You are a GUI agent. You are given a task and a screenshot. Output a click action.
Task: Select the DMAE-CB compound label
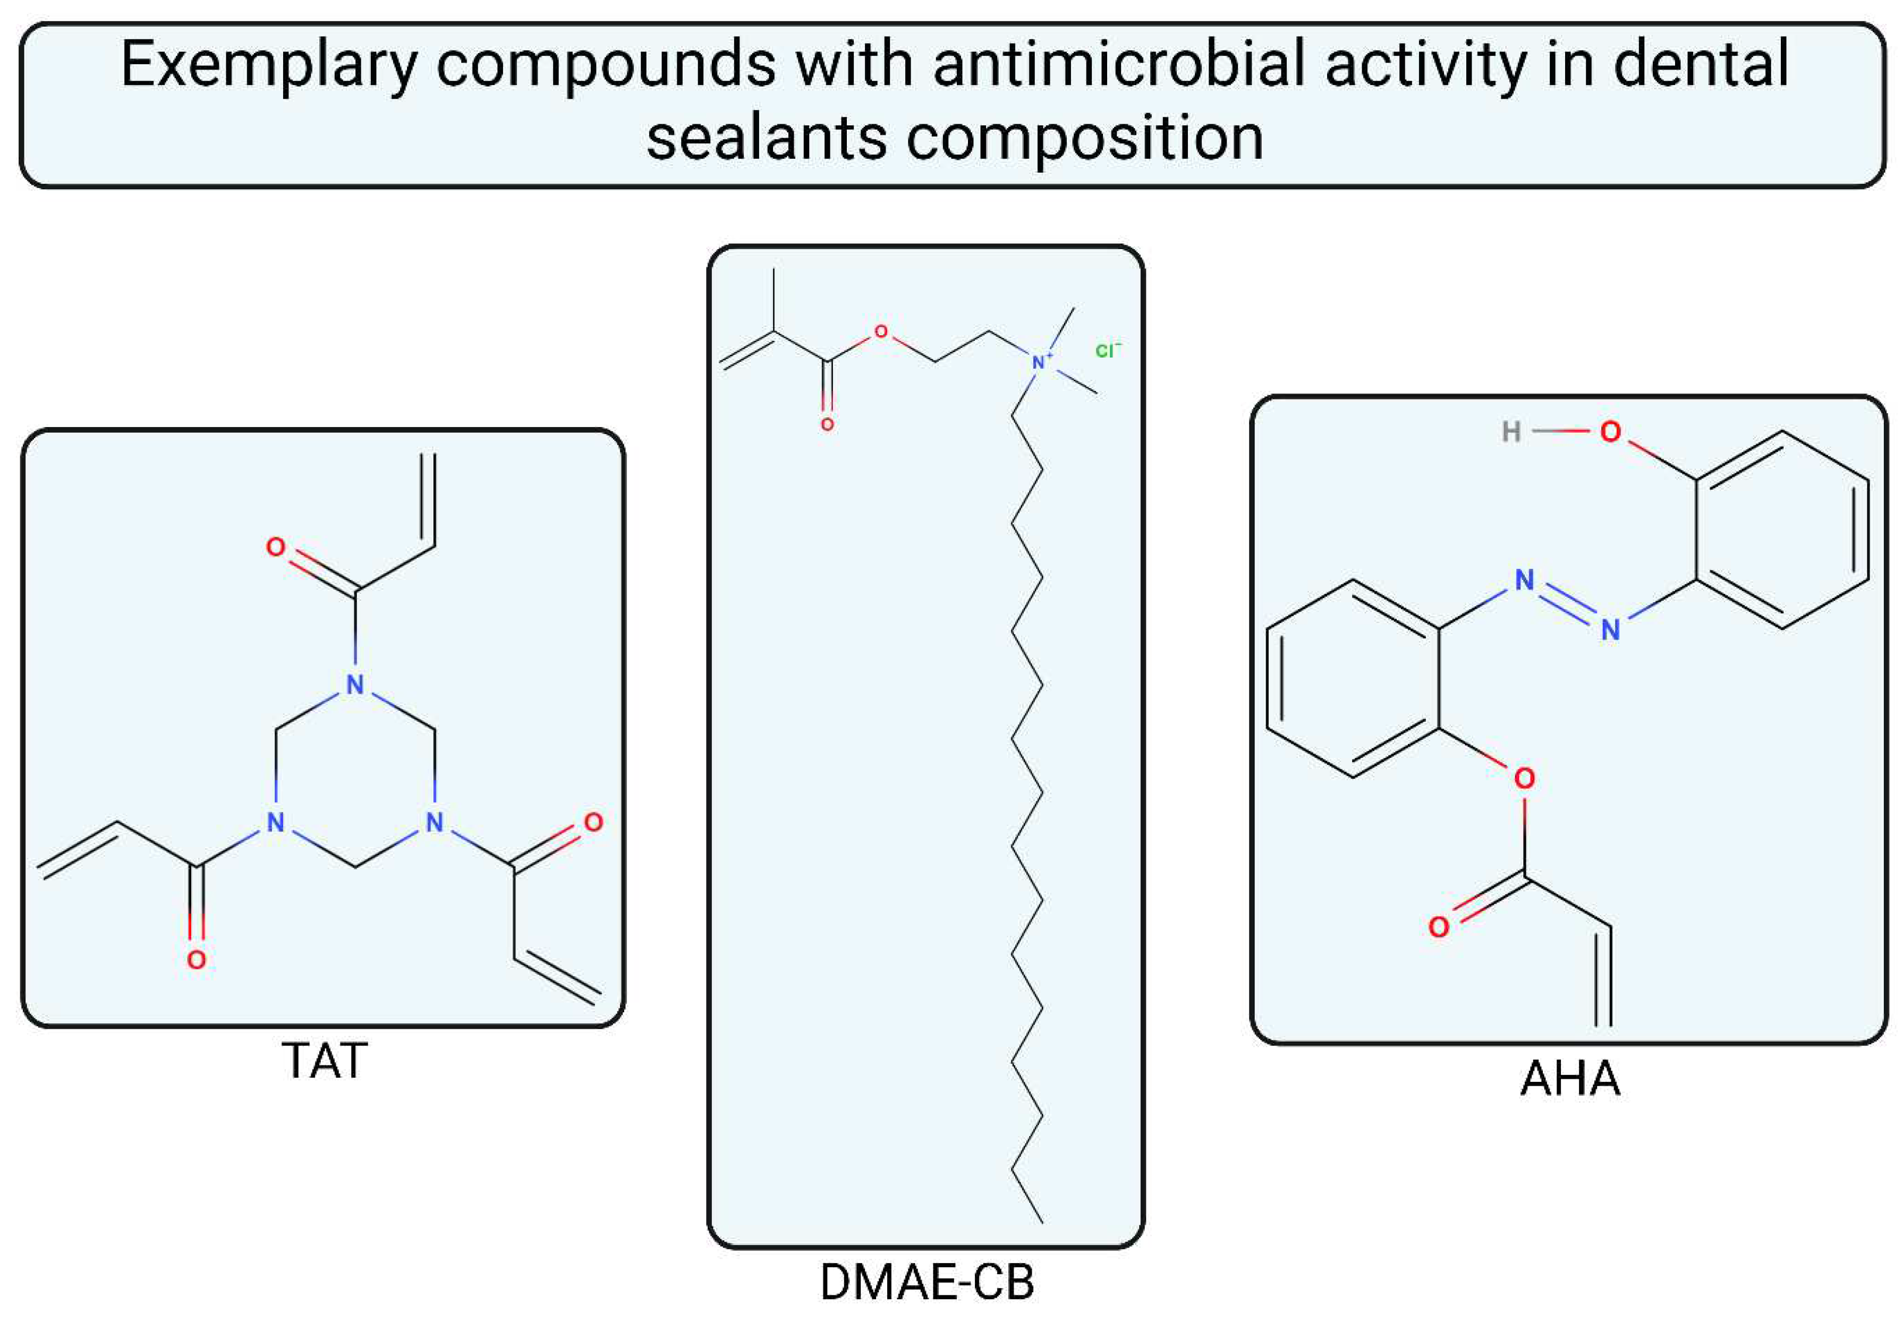click(x=927, y=1282)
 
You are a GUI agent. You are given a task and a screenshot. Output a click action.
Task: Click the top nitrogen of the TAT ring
click(x=355, y=685)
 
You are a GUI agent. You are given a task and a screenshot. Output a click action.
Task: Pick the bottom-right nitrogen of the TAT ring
click(x=434, y=822)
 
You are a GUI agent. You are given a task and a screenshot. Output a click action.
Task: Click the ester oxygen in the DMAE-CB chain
click(x=880, y=332)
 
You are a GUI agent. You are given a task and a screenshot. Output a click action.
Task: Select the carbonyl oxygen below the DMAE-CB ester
click(x=827, y=425)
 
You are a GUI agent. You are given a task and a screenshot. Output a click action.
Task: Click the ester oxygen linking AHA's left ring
click(x=1524, y=778)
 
